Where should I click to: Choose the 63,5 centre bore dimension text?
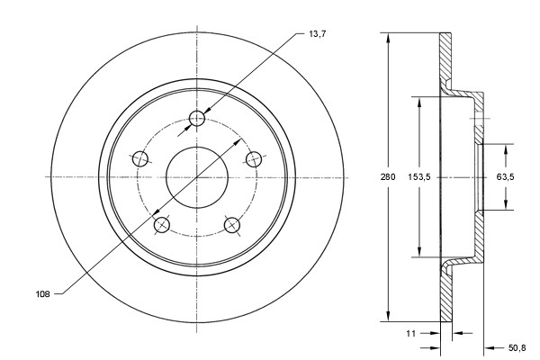(505, 177)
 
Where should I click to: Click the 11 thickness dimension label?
(411, 333)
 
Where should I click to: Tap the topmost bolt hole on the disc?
(199, 120)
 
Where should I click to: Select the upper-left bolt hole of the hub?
(140, 159)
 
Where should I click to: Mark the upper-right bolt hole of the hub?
(255, 159)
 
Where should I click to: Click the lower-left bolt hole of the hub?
(162, 224)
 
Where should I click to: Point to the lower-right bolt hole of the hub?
(232, 224)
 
